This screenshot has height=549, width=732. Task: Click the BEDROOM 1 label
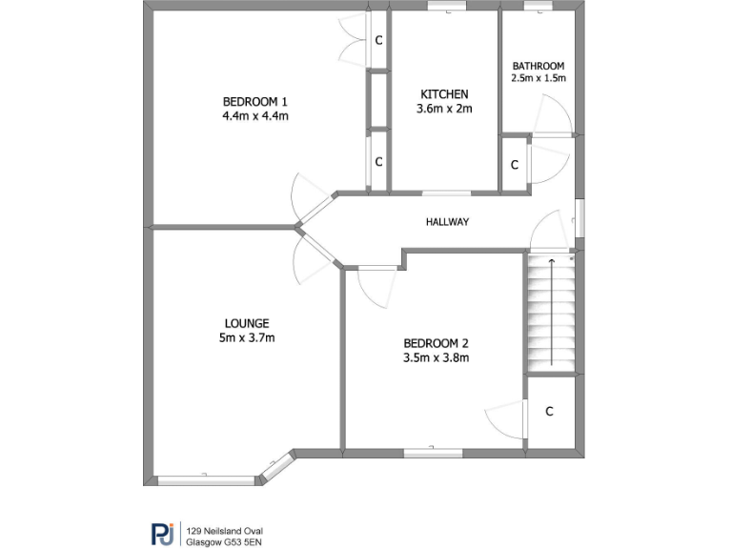254,102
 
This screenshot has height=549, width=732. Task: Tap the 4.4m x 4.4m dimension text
254,116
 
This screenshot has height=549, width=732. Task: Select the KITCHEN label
444,93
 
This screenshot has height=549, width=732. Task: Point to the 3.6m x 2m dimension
444,109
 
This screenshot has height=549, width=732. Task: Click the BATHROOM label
539,66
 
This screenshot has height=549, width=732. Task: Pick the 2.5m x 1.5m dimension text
539,78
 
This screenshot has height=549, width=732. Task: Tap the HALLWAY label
447,222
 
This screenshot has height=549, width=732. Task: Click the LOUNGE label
247,323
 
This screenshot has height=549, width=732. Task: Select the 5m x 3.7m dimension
247,337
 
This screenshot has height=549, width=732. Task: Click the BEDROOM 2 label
436,343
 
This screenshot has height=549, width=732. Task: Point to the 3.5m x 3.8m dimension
436,358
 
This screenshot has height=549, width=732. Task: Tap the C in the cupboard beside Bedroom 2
550,412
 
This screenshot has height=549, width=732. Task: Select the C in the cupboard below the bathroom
514,165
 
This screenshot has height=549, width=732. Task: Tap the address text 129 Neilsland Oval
225,530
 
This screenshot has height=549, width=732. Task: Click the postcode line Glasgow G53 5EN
225,541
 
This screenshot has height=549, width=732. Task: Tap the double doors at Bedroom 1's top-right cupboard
354,40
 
